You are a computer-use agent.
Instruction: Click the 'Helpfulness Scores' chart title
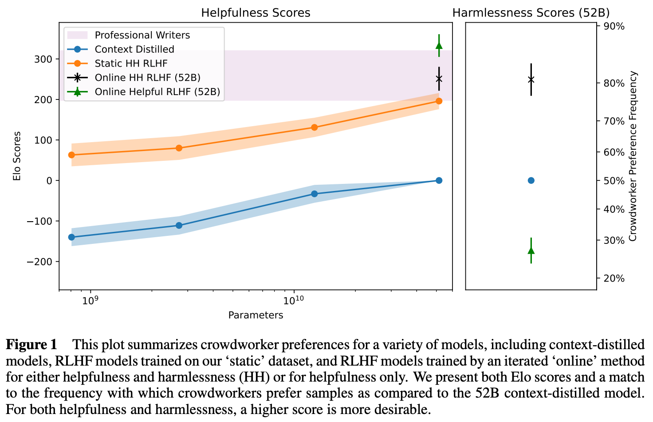point(256,13)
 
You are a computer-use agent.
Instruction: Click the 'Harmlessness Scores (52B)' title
point(531,13)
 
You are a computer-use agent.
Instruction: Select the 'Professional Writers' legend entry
point(142,35)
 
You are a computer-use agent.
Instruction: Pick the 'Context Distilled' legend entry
point(134,49)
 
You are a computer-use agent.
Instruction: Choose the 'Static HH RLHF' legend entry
point(131,64)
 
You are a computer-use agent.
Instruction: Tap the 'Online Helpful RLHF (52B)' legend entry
point(157,92)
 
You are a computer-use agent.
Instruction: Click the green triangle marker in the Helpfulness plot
point(439,46)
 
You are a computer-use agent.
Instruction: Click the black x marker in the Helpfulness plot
point(439,79)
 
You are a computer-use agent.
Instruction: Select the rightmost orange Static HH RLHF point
point(439,101)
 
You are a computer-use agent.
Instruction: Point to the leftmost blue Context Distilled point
point(71,237)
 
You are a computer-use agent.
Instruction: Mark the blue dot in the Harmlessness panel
point(531,180)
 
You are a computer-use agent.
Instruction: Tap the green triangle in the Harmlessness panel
point(531,251)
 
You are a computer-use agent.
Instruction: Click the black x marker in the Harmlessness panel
point(531,80)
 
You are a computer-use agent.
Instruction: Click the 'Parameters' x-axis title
point(256,315)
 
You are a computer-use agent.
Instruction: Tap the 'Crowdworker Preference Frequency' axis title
point(633,156)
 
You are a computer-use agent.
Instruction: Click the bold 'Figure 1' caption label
point(31,345)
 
